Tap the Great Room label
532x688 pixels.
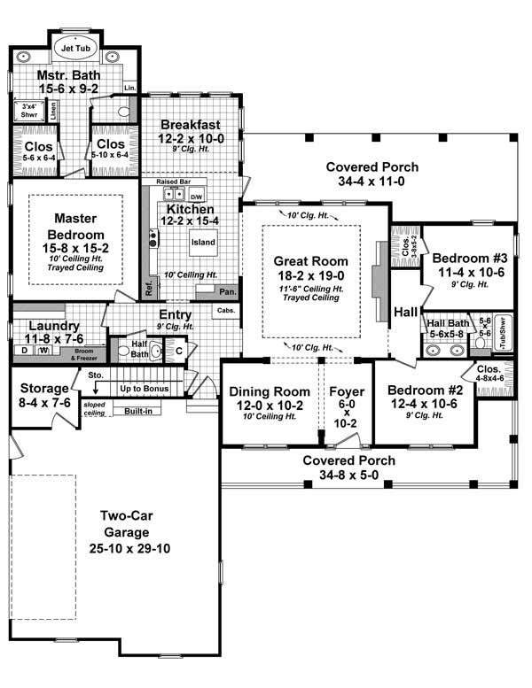click(x=310, y=261)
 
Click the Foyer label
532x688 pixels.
click(x=340, y=391)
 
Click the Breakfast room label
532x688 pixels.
click(x=191, y=125)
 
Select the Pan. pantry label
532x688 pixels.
click(x=227, y=290)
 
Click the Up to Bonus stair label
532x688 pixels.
click(x=145, y=389)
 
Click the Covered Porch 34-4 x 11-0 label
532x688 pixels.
click(x=372, y=167)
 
